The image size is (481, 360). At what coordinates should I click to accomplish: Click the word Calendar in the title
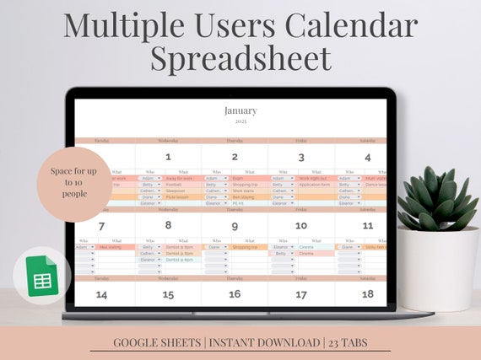[349, 25]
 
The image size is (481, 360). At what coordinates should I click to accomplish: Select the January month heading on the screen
[240, 110]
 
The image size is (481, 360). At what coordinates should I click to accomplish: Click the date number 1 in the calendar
[168, 157]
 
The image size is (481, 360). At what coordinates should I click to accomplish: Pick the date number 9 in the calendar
[235, 226]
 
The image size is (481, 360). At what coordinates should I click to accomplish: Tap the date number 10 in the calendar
[301, 226]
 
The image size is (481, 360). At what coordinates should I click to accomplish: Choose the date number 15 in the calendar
[168, 294]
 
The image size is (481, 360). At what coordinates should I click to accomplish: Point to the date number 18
[368, 294]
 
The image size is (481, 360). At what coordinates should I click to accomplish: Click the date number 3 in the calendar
[301, 157]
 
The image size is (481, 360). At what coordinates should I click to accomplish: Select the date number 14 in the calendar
[101, 294]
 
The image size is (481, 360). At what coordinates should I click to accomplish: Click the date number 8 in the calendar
[168, 226]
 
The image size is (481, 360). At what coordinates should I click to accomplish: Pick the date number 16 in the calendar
[235, 294]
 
